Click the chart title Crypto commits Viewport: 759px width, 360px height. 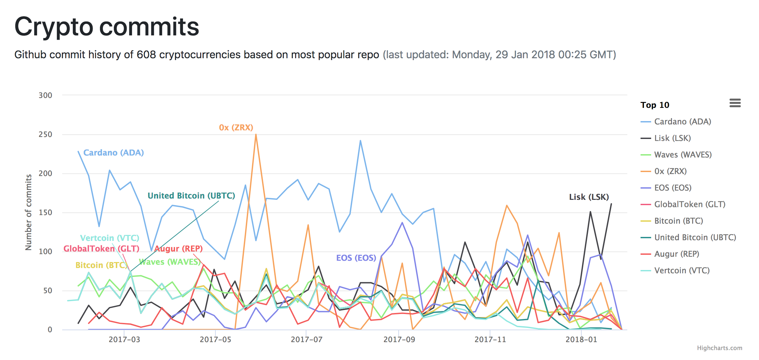pyautogui.click(x=107, y=27)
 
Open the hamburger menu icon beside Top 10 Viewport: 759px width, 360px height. pyautogui.click(x=735, y=103)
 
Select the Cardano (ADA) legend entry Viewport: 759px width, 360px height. pyautogui.click(x=682, y=122)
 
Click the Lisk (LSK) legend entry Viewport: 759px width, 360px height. pyautogui.click(x=672, y=138)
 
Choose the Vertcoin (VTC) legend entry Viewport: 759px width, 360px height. pyautogui.click(x=682, y=271)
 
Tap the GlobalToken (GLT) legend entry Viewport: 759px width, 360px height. pyautogui.click(x=690, y=204)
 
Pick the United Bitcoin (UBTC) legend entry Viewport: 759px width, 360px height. pyautogui.click(x=695, y=238)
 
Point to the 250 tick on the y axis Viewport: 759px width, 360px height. pyautogui.click(x=45, y=135)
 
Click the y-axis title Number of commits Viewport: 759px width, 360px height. pyautogui.click(x=28, y=212)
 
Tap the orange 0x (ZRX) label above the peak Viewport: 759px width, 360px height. pyautogui.click(x=236, y=128)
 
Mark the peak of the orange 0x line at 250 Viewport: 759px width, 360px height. pyautogui.click(x=256, y=135)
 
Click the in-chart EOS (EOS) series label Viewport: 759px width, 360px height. pyautogui.click(x=356, y=258)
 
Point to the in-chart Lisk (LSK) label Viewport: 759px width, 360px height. pyautogui.click(x=589, y=197)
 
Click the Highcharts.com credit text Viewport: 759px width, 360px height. pyautogui.click(x=719, y=348)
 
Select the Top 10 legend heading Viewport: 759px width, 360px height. pyautogui.click(x=654, y=105)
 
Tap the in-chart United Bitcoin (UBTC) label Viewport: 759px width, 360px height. pyautogui.click(x=191, y=196)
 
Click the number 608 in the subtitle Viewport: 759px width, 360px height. pyautogui.click(x=146, y=55)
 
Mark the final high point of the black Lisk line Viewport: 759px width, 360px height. pyautogui.click(x=611, y=204)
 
